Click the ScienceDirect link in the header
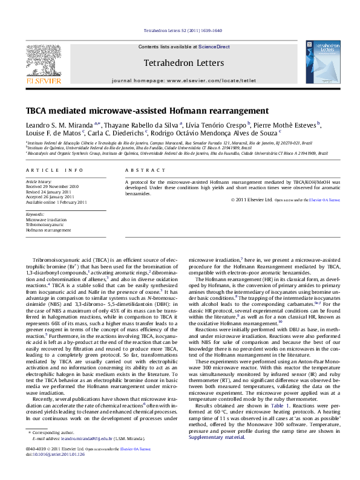click(x=215, y=47)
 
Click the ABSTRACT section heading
click(x=142, y=171)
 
